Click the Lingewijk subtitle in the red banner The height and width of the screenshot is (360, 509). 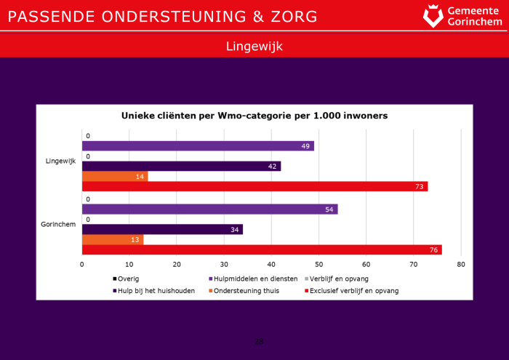254,46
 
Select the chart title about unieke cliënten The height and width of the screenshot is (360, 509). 254,116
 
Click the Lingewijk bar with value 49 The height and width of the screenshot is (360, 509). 198,146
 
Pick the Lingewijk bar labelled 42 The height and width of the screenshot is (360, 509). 181,167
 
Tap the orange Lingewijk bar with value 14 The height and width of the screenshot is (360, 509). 115,177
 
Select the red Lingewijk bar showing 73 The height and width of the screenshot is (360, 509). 254,187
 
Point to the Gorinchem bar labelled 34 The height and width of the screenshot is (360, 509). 162,230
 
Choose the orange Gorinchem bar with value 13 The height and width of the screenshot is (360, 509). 113,240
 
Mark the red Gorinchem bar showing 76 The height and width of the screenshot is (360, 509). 262,250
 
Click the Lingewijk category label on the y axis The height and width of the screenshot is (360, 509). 61,161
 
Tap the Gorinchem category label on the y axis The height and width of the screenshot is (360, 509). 59,224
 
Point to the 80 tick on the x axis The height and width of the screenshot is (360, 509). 461,265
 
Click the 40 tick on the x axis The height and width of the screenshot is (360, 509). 271,265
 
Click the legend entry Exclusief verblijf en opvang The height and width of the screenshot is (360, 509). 353,291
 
